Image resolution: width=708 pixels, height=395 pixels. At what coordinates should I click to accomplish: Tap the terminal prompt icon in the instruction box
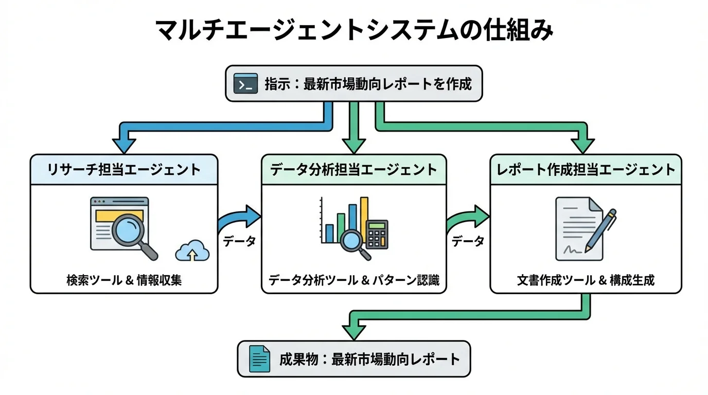[245, 84]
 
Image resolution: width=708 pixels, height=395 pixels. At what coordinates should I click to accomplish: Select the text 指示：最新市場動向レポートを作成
[368, 84]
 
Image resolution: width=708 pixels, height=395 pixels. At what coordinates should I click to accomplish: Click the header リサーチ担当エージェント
[124, 170]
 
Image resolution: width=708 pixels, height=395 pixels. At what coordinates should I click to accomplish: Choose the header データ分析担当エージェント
[353, 170]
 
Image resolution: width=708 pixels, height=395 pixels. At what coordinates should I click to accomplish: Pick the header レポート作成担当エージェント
[586, 170]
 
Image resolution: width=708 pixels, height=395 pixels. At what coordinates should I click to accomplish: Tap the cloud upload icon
[193, 250]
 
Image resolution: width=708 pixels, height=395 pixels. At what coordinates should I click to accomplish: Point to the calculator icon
[377, 235]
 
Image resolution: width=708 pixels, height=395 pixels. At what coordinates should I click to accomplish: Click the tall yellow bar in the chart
[364, 219]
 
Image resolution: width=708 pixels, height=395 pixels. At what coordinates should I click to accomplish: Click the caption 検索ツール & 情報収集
[124, 280]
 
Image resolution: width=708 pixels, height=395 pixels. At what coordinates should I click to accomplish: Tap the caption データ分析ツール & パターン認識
[353, 280]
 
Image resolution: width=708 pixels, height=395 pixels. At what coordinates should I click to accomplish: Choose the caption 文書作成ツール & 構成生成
[586, 280]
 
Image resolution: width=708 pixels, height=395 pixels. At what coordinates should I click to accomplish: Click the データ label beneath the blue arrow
[239, 241]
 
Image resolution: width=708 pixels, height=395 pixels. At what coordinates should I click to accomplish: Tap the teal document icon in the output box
[259, 358]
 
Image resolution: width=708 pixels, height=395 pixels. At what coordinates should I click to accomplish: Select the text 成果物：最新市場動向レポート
[369, 358]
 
